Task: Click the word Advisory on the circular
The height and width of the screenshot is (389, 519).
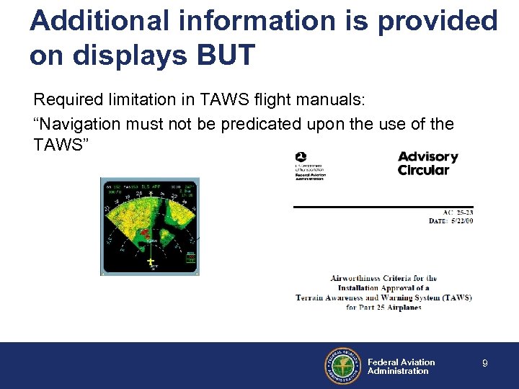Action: click(427, 157)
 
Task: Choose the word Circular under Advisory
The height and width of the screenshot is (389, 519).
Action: click(423, 171)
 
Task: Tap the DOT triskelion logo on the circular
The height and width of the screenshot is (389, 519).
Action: click(301, 157)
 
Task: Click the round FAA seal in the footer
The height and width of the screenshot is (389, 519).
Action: click(342, 366)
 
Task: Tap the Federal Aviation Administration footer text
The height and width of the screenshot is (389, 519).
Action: click(401, 367)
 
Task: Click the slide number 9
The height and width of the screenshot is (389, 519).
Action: click(485, 364)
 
